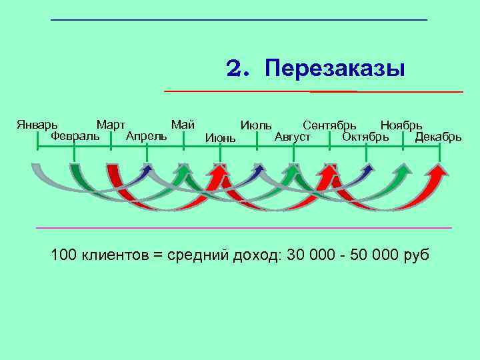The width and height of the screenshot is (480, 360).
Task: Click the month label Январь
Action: coord(37,125)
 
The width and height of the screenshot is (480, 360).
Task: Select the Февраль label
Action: coord(75,136)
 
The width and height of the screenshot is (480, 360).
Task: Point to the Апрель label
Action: coord(146,136)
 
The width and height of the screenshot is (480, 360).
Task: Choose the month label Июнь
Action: coord(220,138)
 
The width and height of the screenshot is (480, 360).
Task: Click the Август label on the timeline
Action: coord(293,137)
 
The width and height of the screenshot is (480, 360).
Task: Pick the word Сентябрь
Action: coord(329,125)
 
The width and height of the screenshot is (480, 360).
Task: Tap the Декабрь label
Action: coord(438,137)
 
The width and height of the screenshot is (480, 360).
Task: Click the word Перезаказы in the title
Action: coord(334,69)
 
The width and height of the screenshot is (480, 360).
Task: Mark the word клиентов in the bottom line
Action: coord(116,255)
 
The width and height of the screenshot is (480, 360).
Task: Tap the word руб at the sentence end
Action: coord(417,255)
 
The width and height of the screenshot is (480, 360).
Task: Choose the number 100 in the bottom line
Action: coord(64,255)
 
